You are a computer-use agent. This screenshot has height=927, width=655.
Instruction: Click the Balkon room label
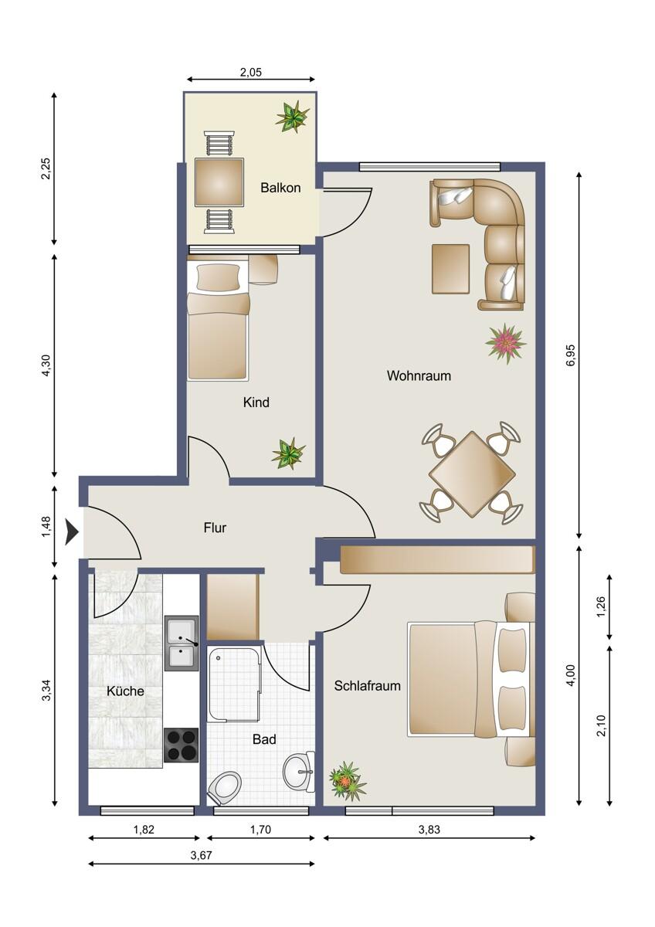pos(280,188)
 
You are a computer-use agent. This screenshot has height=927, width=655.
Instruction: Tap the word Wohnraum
pos(419,375)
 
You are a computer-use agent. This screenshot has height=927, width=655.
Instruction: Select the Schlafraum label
pos(368,686)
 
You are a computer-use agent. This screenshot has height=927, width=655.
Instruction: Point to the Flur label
pos(215,528)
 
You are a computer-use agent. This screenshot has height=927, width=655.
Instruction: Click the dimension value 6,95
pos(571,355)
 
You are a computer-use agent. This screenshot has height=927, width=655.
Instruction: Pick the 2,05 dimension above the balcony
pos(251,73)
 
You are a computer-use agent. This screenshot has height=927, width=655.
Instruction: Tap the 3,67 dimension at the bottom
pos(202,855)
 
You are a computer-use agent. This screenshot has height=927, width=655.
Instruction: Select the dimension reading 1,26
pos(602,606)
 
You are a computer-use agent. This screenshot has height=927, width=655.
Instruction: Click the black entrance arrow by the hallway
pos(72,532)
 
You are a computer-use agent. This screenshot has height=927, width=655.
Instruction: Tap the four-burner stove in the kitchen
pos(182,745)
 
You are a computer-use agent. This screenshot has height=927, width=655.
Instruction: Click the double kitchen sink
pos(182,643)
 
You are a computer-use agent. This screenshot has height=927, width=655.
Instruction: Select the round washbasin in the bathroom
pos(297,770)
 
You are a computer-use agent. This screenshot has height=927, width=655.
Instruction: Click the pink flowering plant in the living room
pos(505,343)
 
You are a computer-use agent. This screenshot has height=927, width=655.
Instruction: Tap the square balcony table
pos(219,182)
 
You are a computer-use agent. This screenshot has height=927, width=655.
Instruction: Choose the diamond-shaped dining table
pos(472,474)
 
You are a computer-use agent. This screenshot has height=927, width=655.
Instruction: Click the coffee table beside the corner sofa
pos(450,269)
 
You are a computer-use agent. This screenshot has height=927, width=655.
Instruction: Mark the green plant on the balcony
pos(293,117)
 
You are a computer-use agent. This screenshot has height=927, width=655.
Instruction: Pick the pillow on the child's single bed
pos(218,277)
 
